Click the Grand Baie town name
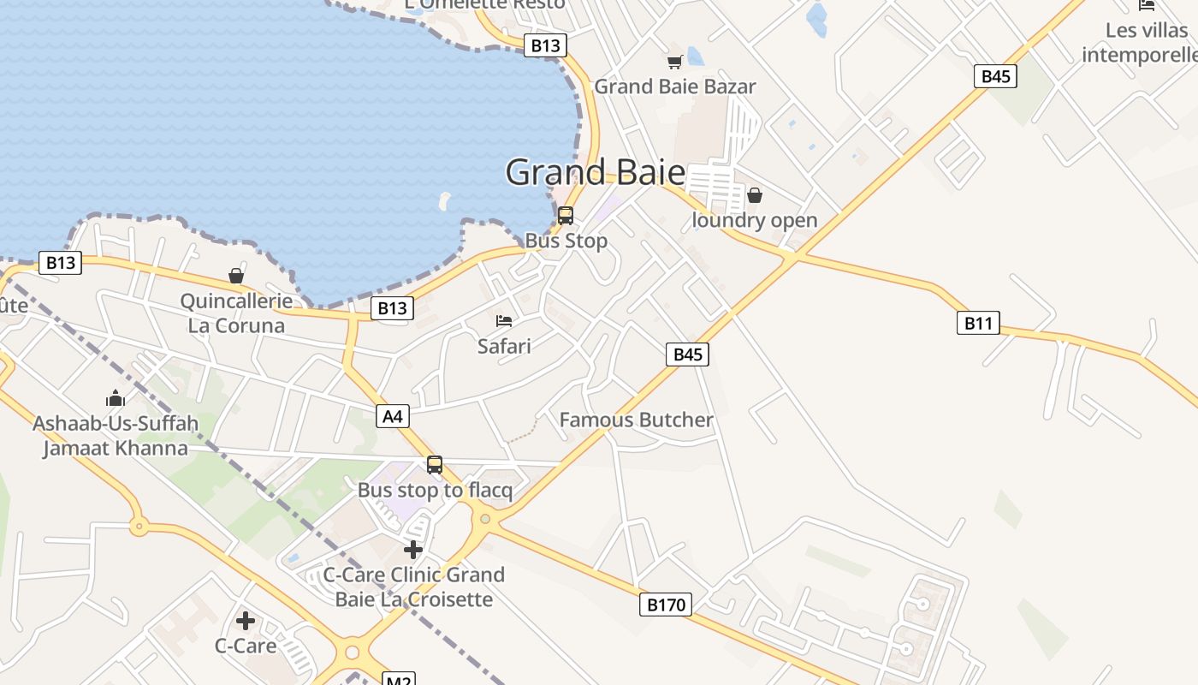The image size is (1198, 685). [x=595, y=172]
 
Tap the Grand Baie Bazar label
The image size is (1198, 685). [x=675, y=86]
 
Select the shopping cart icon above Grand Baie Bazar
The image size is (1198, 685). [x=674, y=62]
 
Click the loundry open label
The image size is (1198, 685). [x=754, y=220]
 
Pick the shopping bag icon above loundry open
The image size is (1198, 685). [x=754, y=195]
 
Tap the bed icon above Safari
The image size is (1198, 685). [x=504, y=321]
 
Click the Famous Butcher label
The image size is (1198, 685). [x=636, y=420]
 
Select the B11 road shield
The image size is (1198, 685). [x=977, y=323]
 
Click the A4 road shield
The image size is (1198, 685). [x=392, y=417]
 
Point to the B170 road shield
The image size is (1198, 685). [x=666, y=605]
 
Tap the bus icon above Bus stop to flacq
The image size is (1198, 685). [x=435, y=465]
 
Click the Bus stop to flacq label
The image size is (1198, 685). [x=435, y=491]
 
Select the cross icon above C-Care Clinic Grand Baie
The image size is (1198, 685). [x=413, y=549]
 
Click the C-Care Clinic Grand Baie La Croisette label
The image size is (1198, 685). [x=413, y=587]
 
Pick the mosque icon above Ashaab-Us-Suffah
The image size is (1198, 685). [x=116, y=398]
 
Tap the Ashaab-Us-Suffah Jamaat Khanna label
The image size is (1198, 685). [x=116, y=436]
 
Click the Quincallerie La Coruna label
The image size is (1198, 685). [x=236, y=313]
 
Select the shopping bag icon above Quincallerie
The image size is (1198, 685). [x=236, y=276]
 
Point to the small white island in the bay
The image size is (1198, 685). [x=444, y=202]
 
